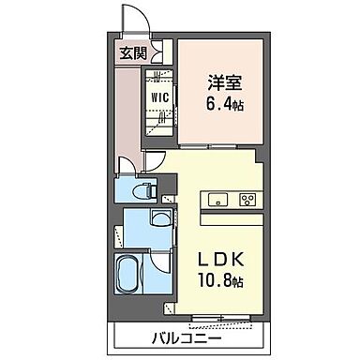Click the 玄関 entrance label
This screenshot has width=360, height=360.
point(132,53)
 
